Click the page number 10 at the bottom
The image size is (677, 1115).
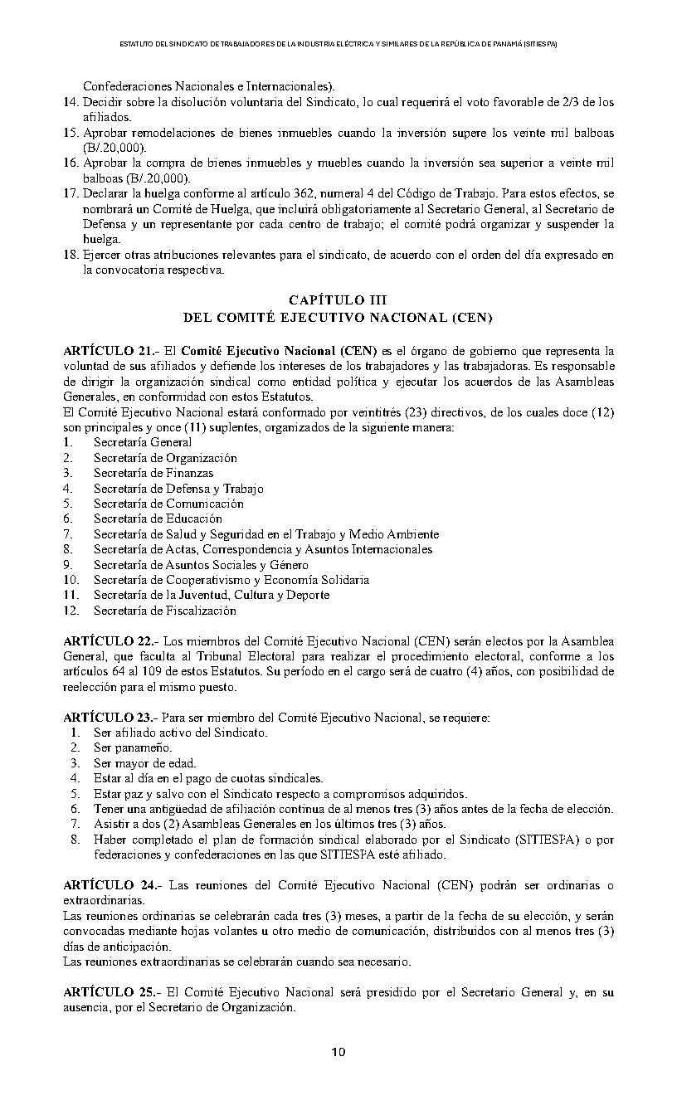click(x=338, y=1052)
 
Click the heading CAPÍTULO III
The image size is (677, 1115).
click(x=338, y=299)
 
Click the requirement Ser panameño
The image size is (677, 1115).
click(x=121, y=747)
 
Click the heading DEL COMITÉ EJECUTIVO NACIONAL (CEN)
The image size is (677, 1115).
click(x=338, y=317)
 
